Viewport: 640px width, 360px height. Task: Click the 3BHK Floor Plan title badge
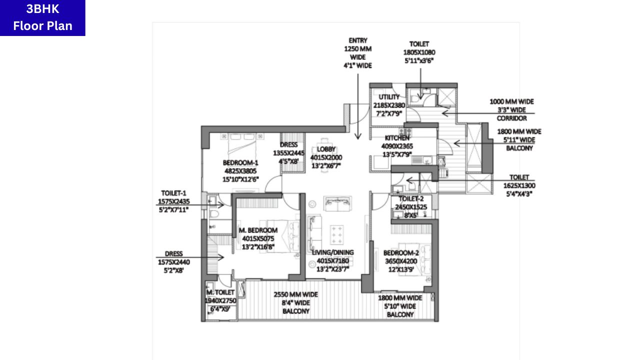tap(42, 18)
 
